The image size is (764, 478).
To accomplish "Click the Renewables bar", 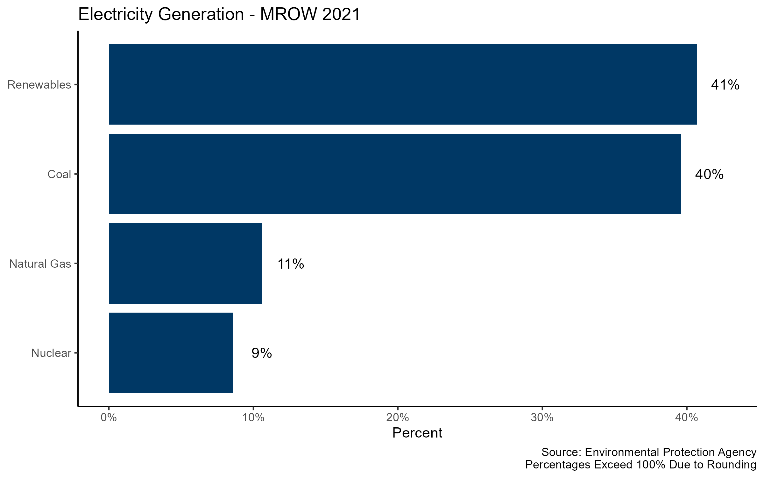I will [x=403, y=84].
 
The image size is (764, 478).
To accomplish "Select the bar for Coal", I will [x=395, y=174].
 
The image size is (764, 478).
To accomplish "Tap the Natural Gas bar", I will [x=185, y=263].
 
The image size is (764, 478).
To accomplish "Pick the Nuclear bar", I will [x=171, y=353].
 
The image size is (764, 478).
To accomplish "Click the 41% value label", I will [x=725, y=85].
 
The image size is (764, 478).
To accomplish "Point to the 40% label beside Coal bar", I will [x=709, y=175].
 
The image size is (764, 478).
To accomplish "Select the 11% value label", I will [x=291, y=264].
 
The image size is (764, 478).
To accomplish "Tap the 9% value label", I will [x=262, y=353].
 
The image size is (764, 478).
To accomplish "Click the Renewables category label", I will [x=39, y=85].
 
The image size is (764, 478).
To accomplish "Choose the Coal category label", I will [x=59, y=174].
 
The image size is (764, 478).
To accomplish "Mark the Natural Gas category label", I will [x=40, y=264].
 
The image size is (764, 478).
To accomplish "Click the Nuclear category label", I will [x=51, y=353].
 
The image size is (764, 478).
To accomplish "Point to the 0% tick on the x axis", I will [x=109, y=417].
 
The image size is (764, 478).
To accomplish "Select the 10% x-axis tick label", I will [x=253, y=417].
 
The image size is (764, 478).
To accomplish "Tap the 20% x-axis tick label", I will [x=398, y=417].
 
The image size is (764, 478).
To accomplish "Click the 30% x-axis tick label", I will [x=542, y=417].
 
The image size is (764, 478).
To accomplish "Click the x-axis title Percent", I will [x=417, y=433].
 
